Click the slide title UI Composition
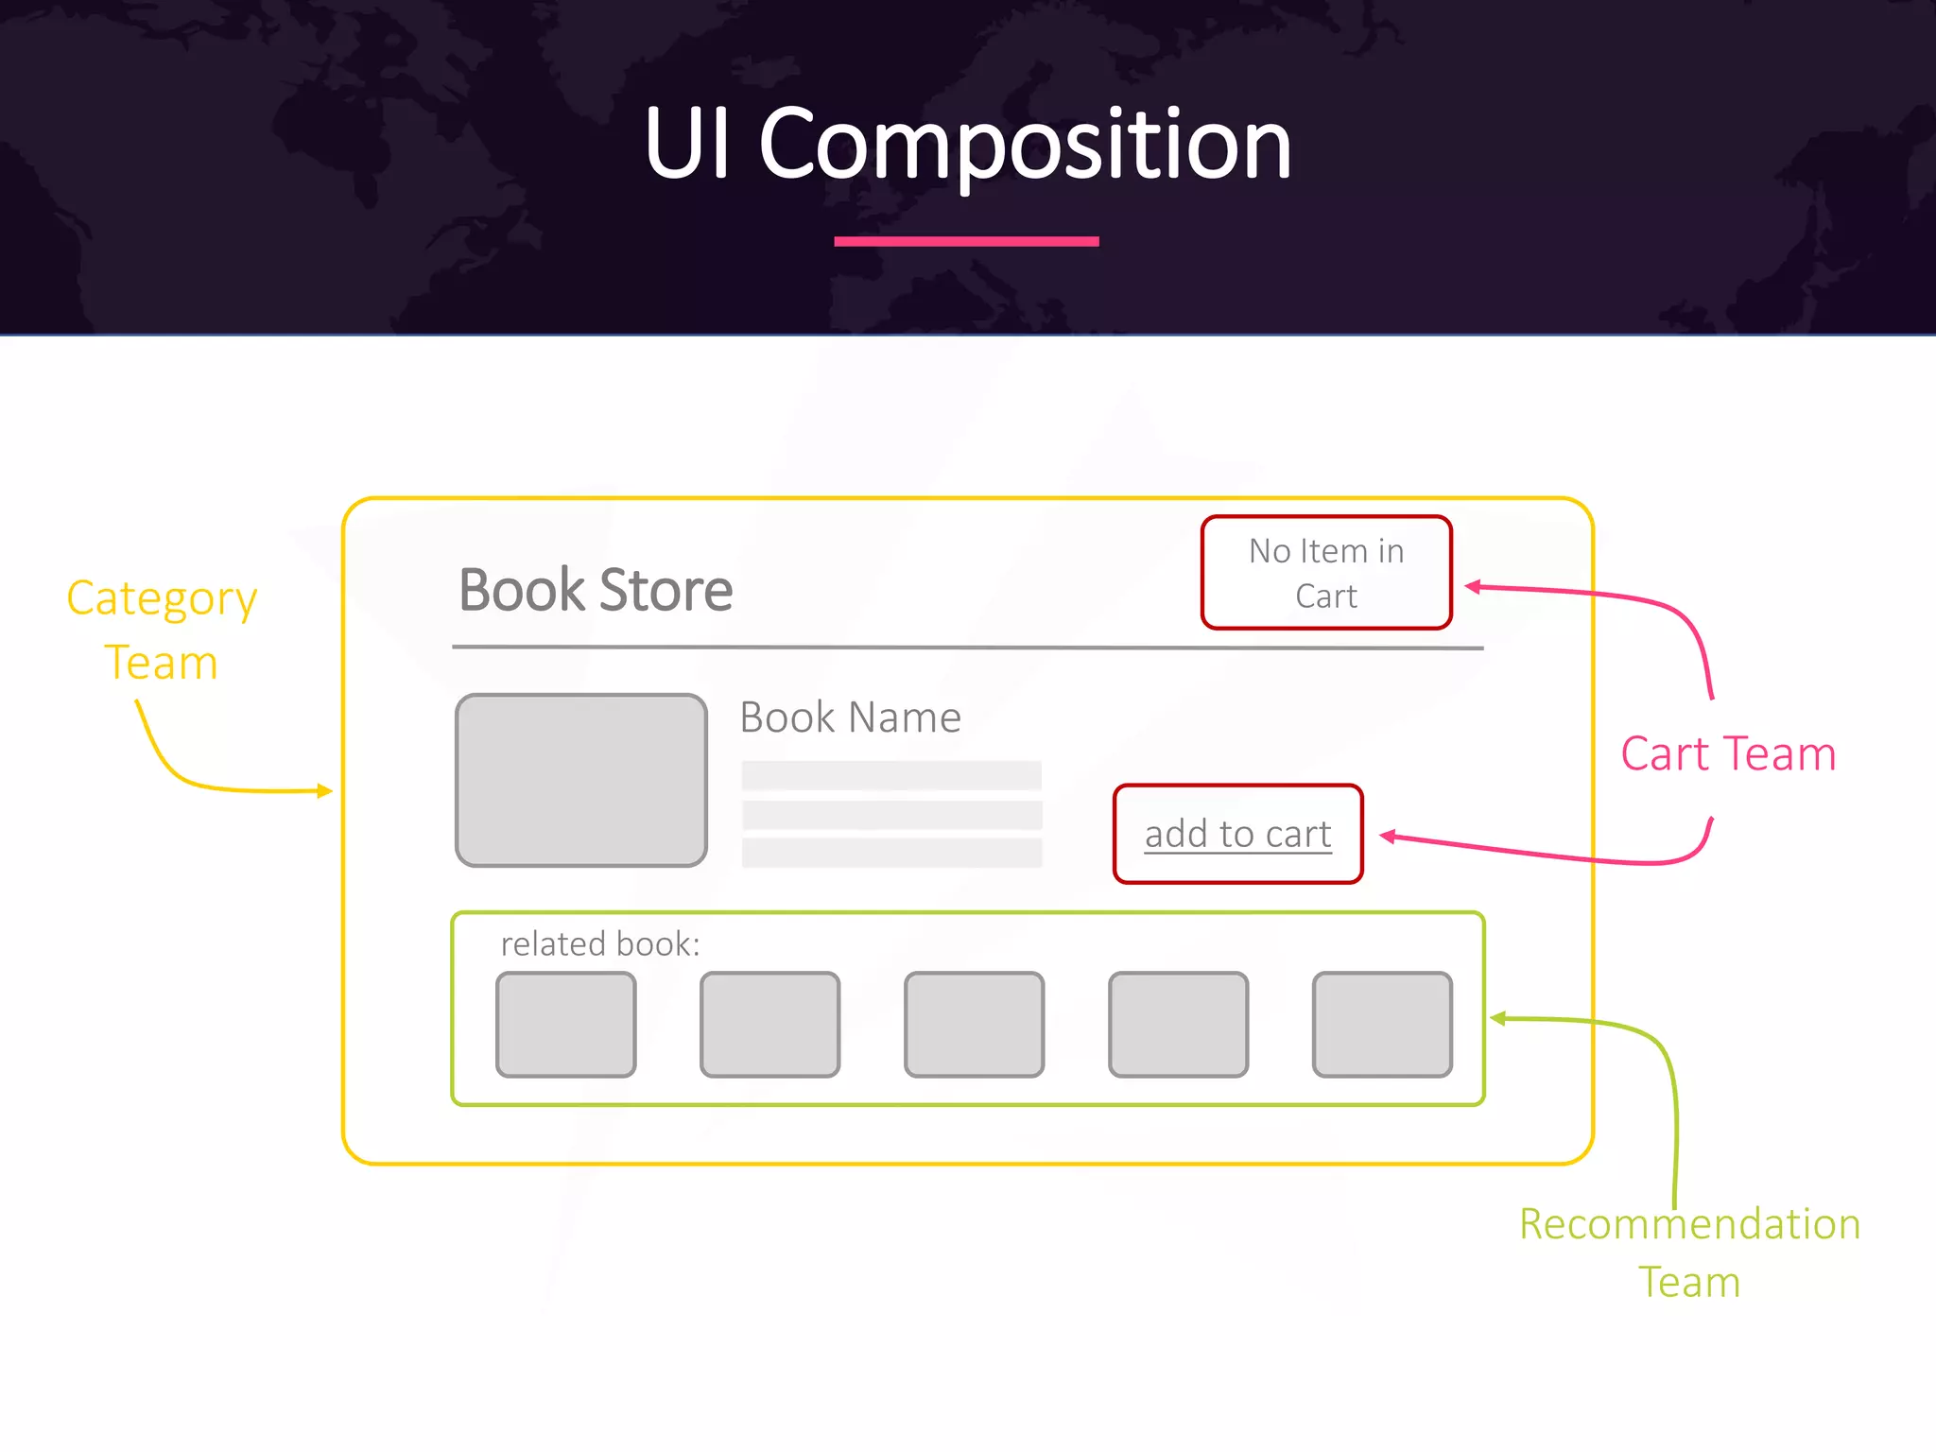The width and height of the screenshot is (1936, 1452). (x=967, y=144)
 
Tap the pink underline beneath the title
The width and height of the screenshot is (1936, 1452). (x=966, y=242)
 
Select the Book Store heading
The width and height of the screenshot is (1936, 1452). (x=596, y=590)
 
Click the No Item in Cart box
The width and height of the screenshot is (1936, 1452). (x=1326, y=573)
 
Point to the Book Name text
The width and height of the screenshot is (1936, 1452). (x=850, y=717)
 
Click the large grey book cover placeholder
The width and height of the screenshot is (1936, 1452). (x=581, y=781)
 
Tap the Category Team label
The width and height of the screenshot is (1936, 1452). (x=162, y=630)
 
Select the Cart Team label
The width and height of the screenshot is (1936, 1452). (x=1728, y=754)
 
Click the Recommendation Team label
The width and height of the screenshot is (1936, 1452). (x=1689, y=1253)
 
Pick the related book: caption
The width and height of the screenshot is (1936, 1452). (x=600, y=944)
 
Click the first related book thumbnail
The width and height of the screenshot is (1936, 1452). (x=566, y=1025)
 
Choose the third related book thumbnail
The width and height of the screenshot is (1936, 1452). (x=974, y=1025)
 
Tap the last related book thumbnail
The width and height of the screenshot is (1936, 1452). (x=1382, y=1025)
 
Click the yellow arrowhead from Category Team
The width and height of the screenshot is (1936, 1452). (x=325, y=790)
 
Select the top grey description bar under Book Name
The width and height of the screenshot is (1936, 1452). (x=891, y=776)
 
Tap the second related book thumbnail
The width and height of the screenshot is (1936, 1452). (x=769, y=1025)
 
